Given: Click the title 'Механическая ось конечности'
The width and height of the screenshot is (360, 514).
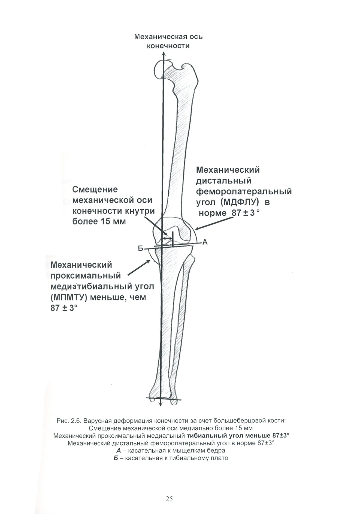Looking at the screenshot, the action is [168, 41].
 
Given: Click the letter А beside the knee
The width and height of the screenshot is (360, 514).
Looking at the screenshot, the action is [205, 242].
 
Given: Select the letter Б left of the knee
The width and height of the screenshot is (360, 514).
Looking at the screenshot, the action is [141, 249].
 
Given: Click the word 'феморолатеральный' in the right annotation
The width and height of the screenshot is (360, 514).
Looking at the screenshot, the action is [244, 191].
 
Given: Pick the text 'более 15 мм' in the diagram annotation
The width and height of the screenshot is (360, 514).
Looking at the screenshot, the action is [99, 221].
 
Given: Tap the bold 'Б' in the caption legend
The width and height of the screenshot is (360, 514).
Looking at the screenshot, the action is [116, 458].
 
